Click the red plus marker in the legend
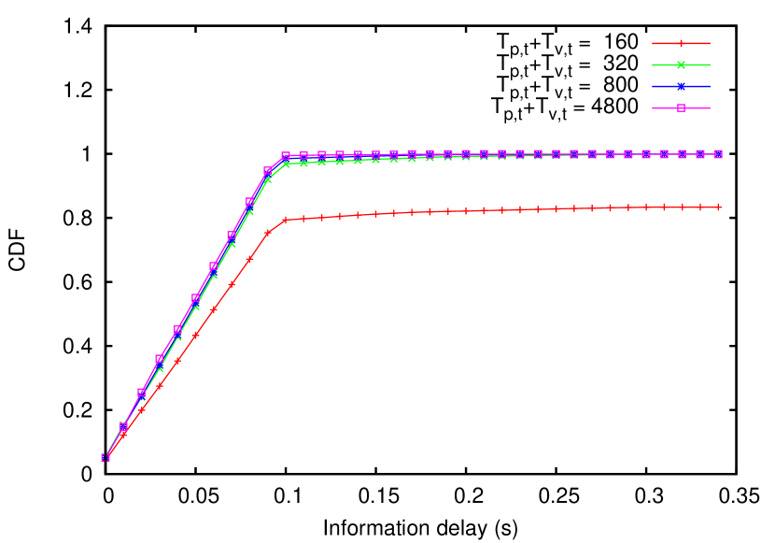(681, 43)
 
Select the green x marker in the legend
(681, 64)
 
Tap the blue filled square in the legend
(681, 86)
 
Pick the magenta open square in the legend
(681, 107)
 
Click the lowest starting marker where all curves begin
(106, 458)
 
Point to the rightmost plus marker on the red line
(718, 207)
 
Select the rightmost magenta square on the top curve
(718, 153)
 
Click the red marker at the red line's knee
(286, 220)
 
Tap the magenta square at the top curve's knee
(286, 156)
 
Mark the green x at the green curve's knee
(286, 164)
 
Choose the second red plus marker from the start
(123, 434)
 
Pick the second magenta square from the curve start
(123, 426)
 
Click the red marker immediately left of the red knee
(268, 232)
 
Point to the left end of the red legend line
(653, 43)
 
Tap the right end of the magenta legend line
(710, 107)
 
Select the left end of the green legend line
(653, 64)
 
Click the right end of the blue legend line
(710, 86)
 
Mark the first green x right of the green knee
(303, 163)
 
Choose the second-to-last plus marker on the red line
(700, 207)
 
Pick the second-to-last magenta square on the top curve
(700, 153)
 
